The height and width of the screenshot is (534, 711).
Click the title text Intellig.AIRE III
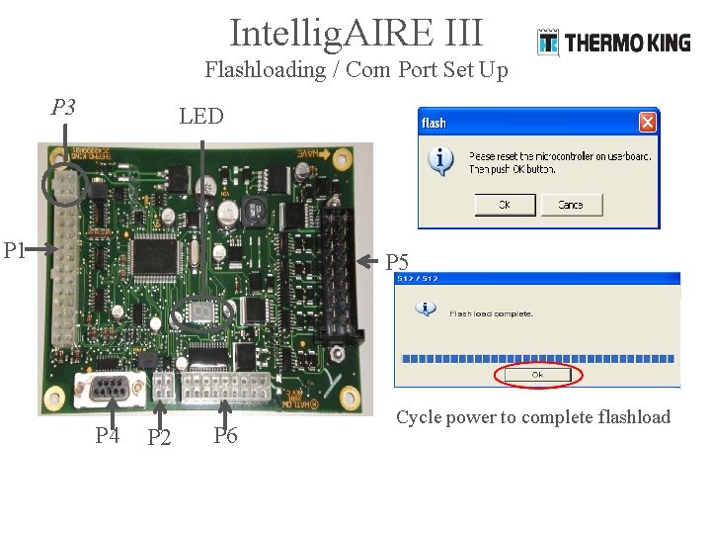tap(355, 33)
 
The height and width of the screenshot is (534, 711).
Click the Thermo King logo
tap(613, 43)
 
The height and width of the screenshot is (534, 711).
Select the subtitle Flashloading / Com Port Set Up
tap(355, 70)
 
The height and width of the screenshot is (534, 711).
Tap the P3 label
tap(63, 107)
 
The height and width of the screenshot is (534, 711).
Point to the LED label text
tap(201, 117)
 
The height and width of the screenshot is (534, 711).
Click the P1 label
tap(14, 250)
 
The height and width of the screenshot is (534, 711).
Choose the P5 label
tap(397, 262)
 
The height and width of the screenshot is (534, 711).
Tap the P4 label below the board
tap(108, 434)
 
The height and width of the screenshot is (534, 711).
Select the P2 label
tap(158, 437)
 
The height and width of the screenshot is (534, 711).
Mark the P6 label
tap(225, 435)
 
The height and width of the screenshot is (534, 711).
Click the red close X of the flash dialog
tap(647, 123)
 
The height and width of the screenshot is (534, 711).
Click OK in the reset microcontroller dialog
tap(505, 205)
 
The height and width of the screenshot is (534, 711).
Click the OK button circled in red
tap(538, 375)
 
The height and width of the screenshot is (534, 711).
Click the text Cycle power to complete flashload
tap(533, 417)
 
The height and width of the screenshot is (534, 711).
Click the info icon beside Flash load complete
tap(426, 309)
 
